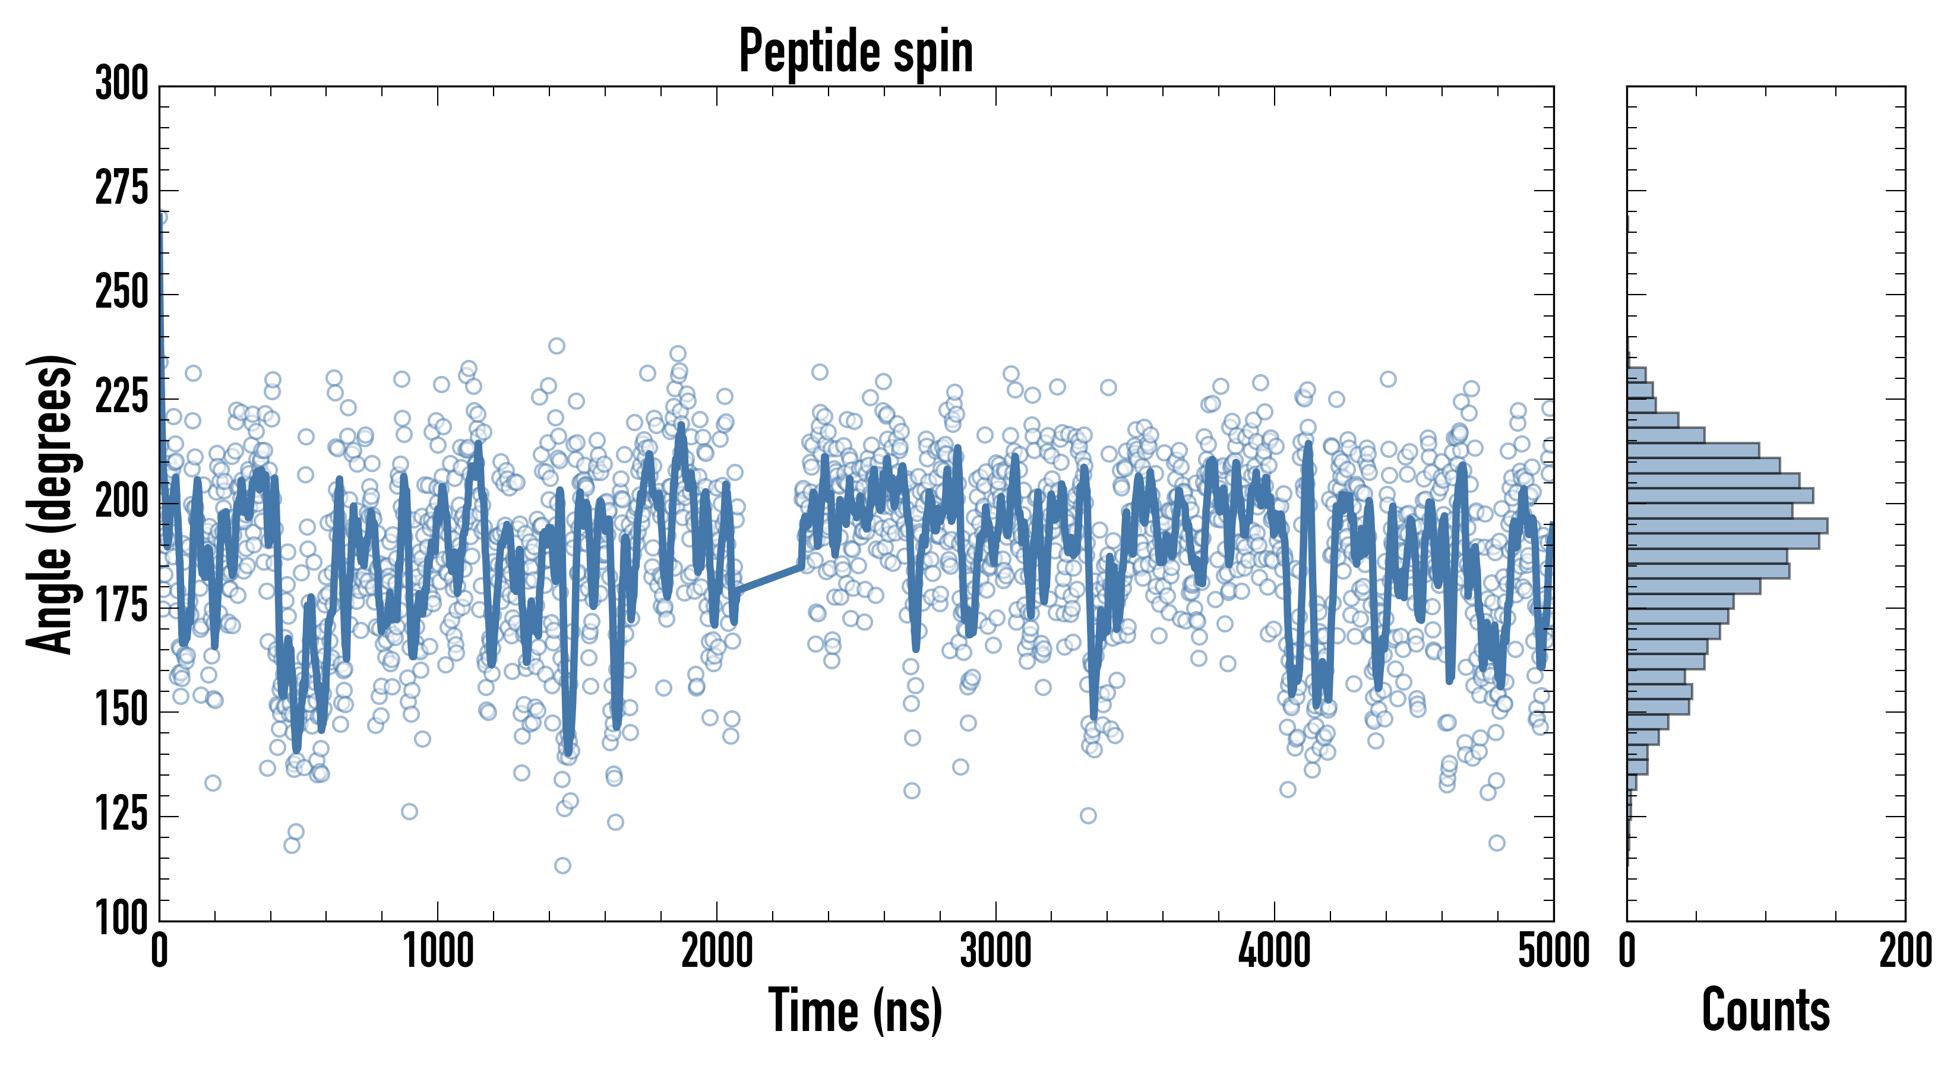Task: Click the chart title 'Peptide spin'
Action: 856,52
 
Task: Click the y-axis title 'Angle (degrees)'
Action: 50,504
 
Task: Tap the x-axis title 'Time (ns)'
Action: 856,1010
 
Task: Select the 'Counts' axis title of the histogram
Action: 1766,1010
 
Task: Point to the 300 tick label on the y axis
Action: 122,84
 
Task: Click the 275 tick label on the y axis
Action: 122,189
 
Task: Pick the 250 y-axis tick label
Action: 122,293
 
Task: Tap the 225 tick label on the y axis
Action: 122,397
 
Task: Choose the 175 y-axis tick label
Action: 122,606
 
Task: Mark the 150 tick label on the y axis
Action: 122,711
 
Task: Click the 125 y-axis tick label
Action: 122,815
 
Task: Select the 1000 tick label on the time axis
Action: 438,951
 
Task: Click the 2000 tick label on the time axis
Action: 717,951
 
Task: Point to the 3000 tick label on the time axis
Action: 995,951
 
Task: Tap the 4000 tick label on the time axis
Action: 1275,951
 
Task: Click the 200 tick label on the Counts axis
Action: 1905,951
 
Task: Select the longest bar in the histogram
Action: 1727,526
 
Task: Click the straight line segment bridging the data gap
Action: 769,578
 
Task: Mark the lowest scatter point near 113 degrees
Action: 562,865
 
